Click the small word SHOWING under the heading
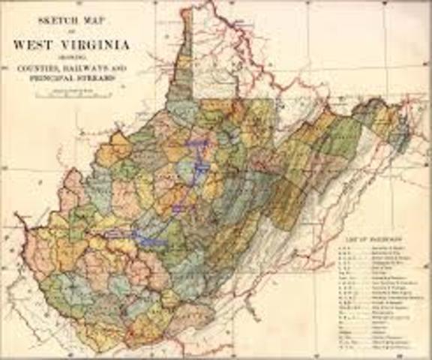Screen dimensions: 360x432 (70, 55)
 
